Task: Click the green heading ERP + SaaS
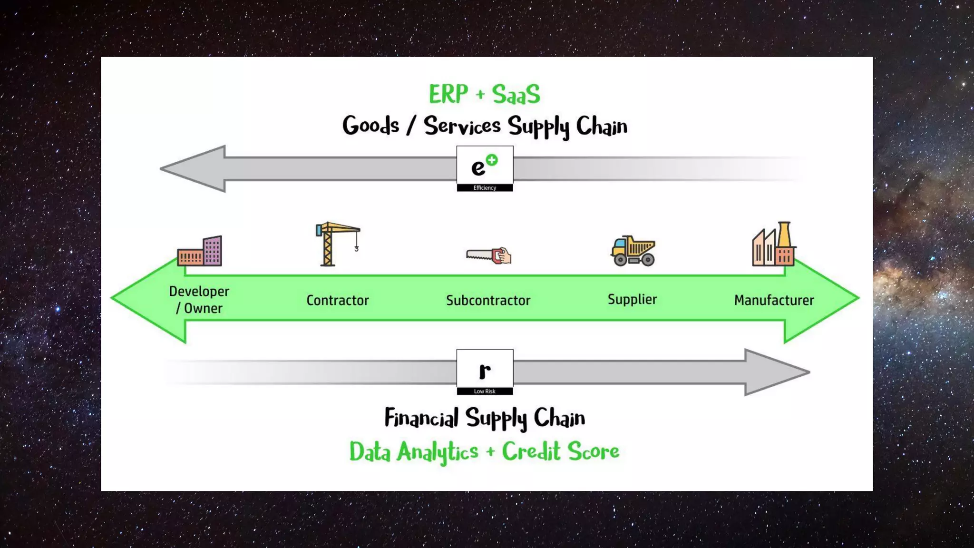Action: (x=484, y=94)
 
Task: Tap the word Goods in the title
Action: (x=370, y=126)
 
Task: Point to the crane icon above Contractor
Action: (x=337, y=244)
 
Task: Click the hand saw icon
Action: (x=488, y=255)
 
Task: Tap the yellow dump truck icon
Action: (x=633, y=250)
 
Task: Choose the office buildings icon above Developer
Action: (x=200, y=251)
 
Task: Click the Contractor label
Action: (x=337, y=300)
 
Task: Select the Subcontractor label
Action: (x=488, y=300)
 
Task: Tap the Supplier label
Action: (x=632, y=299)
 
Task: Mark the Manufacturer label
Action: (x=774, y=300)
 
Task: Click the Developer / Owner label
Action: (x=199, y=300)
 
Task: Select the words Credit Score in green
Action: (x=560, y=451)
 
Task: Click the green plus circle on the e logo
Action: (x=492, y=160)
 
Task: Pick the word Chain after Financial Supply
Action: (x=559, y=418)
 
